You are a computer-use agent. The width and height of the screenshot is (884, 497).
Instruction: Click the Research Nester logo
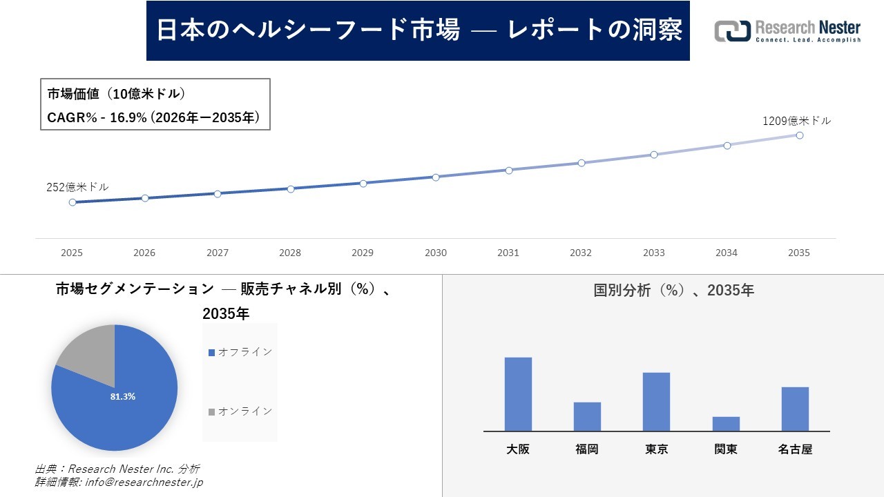(x=787, y=31)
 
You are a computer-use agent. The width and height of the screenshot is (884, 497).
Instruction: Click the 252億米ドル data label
(x=77, y=187)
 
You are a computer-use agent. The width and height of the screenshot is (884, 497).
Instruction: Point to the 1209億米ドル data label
(x=796, y=121)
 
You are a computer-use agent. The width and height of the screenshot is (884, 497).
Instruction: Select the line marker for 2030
(x=436, y=177)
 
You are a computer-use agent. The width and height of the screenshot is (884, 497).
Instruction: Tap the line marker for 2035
(x=799, y=135)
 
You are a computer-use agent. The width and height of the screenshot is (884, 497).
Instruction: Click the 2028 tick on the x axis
(x=290, y=253)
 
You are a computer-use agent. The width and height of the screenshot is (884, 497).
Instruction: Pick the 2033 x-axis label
(x=653, y=253)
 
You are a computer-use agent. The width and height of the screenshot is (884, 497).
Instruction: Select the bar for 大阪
(x=518, y=394)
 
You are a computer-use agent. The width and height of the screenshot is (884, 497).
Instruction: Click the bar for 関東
(x=726, y=424)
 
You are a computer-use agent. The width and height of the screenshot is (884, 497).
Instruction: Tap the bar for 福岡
(x=587, y=416)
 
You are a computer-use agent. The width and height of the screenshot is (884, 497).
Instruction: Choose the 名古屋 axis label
(x=795, y=449)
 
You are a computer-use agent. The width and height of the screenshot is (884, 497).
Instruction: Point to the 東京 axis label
(x=656, y=449)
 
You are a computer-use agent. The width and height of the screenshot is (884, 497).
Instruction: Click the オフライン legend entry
(x=241, y=352)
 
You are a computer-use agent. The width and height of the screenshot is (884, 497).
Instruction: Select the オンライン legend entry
(x=241, y=411)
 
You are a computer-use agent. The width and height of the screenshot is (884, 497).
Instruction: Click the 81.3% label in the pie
(x=123, y=397)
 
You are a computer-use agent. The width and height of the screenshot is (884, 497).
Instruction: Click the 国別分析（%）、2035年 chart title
(x=673, y=291)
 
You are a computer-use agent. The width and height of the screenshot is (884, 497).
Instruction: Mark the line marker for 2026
(x=145, y=198)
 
